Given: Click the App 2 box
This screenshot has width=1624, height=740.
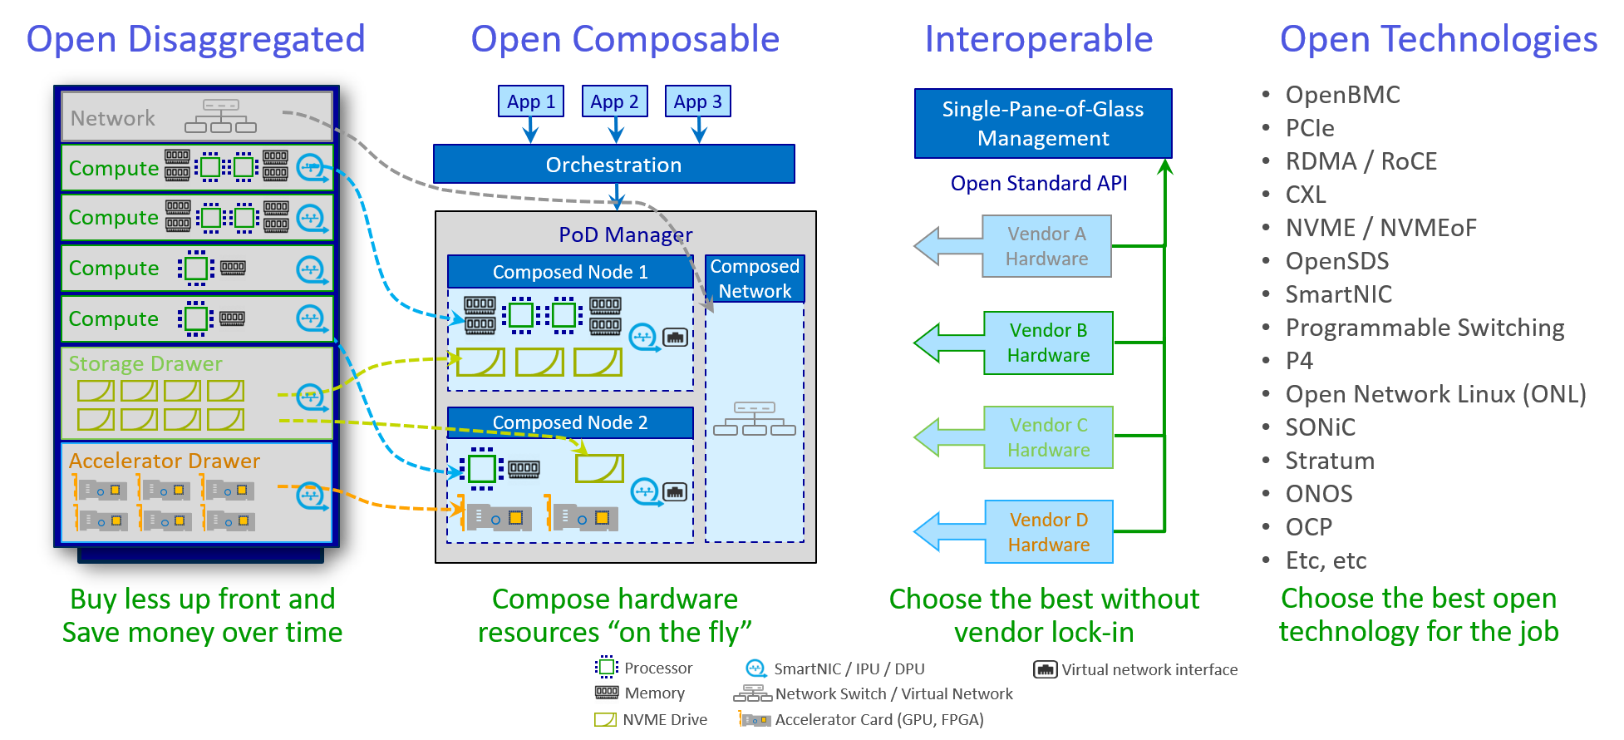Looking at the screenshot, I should click(614, 102).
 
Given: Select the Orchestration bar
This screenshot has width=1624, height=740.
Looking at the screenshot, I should click(613, 165).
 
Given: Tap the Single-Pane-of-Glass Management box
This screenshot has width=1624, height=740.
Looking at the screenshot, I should click(1042, 124).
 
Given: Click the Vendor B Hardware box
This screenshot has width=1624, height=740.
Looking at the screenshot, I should click(1047, 343).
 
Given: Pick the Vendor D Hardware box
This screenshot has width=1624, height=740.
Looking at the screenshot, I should click(1048, 532).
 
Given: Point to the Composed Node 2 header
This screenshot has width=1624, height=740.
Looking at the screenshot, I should click(570, 422).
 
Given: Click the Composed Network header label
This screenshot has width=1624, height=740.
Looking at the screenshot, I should click(755, 279).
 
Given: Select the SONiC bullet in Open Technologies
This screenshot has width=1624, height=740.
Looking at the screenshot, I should click(1320, 427).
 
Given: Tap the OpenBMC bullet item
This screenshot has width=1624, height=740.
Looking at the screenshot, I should click(1342, 95).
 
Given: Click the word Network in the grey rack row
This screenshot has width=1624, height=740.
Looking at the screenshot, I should click(113, 118).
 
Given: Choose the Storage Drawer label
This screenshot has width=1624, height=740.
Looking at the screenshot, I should click(145, 363).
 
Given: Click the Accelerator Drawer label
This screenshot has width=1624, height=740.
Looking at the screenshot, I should click(165, 461).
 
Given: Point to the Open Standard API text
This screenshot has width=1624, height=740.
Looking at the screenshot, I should click(1039, 184).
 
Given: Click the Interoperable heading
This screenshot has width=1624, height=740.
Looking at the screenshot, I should click(1039, 39).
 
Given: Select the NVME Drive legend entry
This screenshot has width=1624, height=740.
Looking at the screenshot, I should click(664, 719).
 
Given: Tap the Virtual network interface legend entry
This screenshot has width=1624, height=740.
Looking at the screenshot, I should click(1149, 669).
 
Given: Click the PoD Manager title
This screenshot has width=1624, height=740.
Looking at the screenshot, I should click(625, 234).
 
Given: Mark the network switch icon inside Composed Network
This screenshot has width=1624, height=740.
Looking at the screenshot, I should click(755, 419).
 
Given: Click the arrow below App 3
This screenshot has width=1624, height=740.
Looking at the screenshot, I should click(699, 131).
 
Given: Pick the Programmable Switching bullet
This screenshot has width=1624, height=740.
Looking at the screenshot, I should click(1425, 328).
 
